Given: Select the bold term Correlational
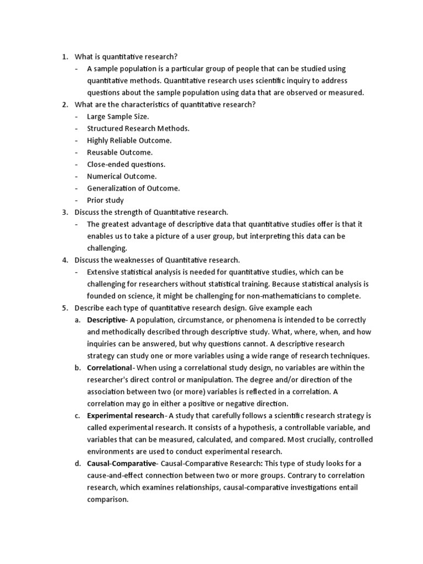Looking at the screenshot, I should (109, 367).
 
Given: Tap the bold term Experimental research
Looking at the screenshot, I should (125, 415).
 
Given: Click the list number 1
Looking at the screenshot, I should (64, 57).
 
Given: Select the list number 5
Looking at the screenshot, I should (64, 308).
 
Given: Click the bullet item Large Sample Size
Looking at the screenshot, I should (118, 116).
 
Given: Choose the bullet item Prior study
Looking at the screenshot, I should (105, 200).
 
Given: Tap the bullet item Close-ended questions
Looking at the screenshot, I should (126, 164).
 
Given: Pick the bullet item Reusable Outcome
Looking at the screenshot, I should (120, 152).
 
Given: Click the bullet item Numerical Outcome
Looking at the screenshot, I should (122, 176).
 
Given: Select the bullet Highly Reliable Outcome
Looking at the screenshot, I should (129, 140).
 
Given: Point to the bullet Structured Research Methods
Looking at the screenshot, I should (138, 128).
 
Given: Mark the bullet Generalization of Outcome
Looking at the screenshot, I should (133, 188).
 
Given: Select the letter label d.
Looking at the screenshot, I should (78, 463).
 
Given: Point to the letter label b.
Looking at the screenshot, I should (78, 367).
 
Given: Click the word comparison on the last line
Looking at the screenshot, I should (107, 500).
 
